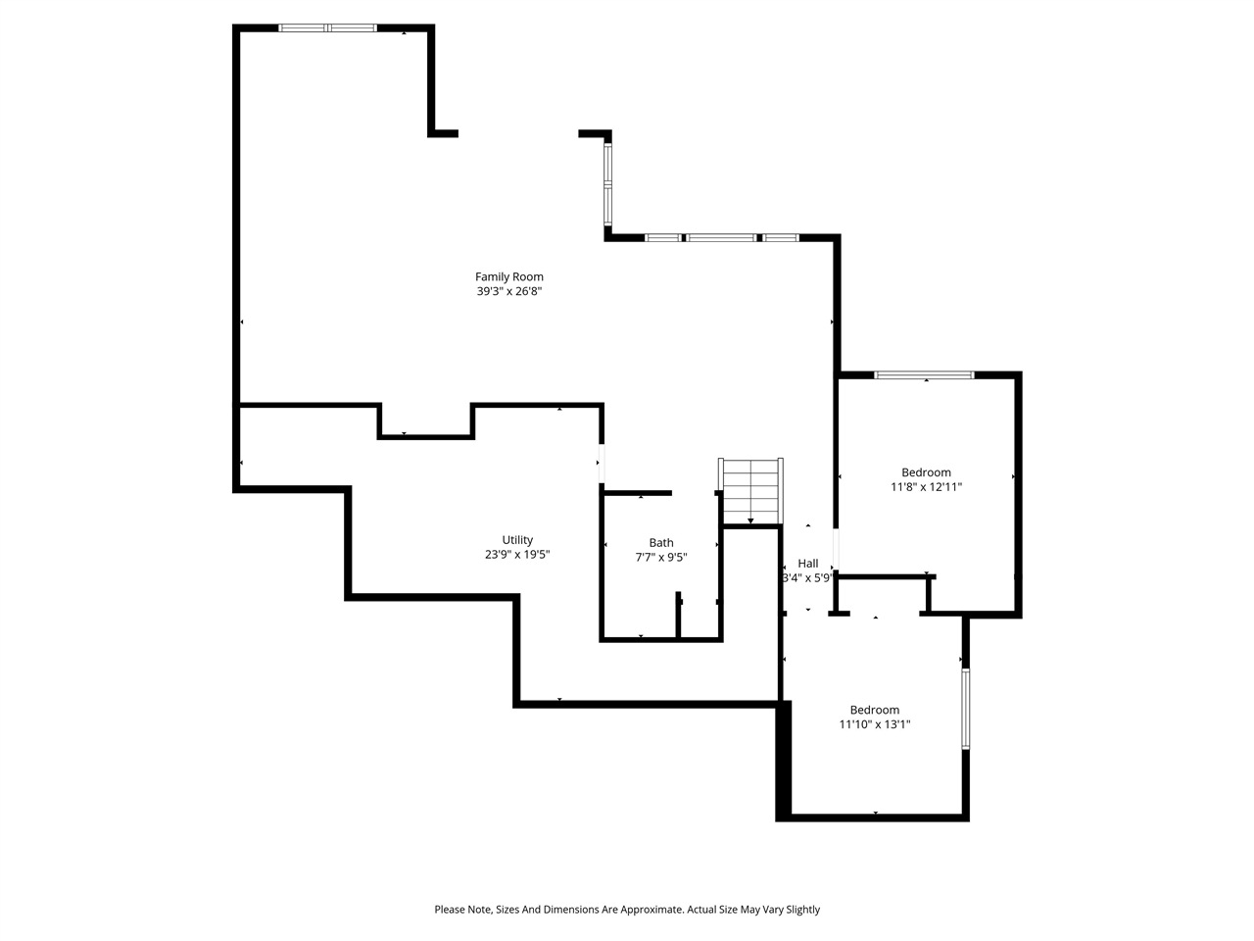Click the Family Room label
[508, 276]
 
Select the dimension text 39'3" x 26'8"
[508, 291]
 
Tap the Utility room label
[517, 540]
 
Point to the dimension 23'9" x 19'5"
[517, 555]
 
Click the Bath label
[661, 543]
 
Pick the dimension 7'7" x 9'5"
[661, 558]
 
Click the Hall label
[808, 564]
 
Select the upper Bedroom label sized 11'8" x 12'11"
[926, 472]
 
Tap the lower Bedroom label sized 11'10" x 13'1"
[874, 711]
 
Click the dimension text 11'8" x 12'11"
[926, 487]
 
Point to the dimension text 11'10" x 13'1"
[874, 725]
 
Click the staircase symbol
[751, 491]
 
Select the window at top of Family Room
[327, 27]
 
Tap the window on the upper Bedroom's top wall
[924, 374]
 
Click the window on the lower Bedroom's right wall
[965, 709]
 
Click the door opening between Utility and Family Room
[602, 464]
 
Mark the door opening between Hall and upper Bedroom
[836, 550]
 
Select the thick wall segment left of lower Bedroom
[783, 761]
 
